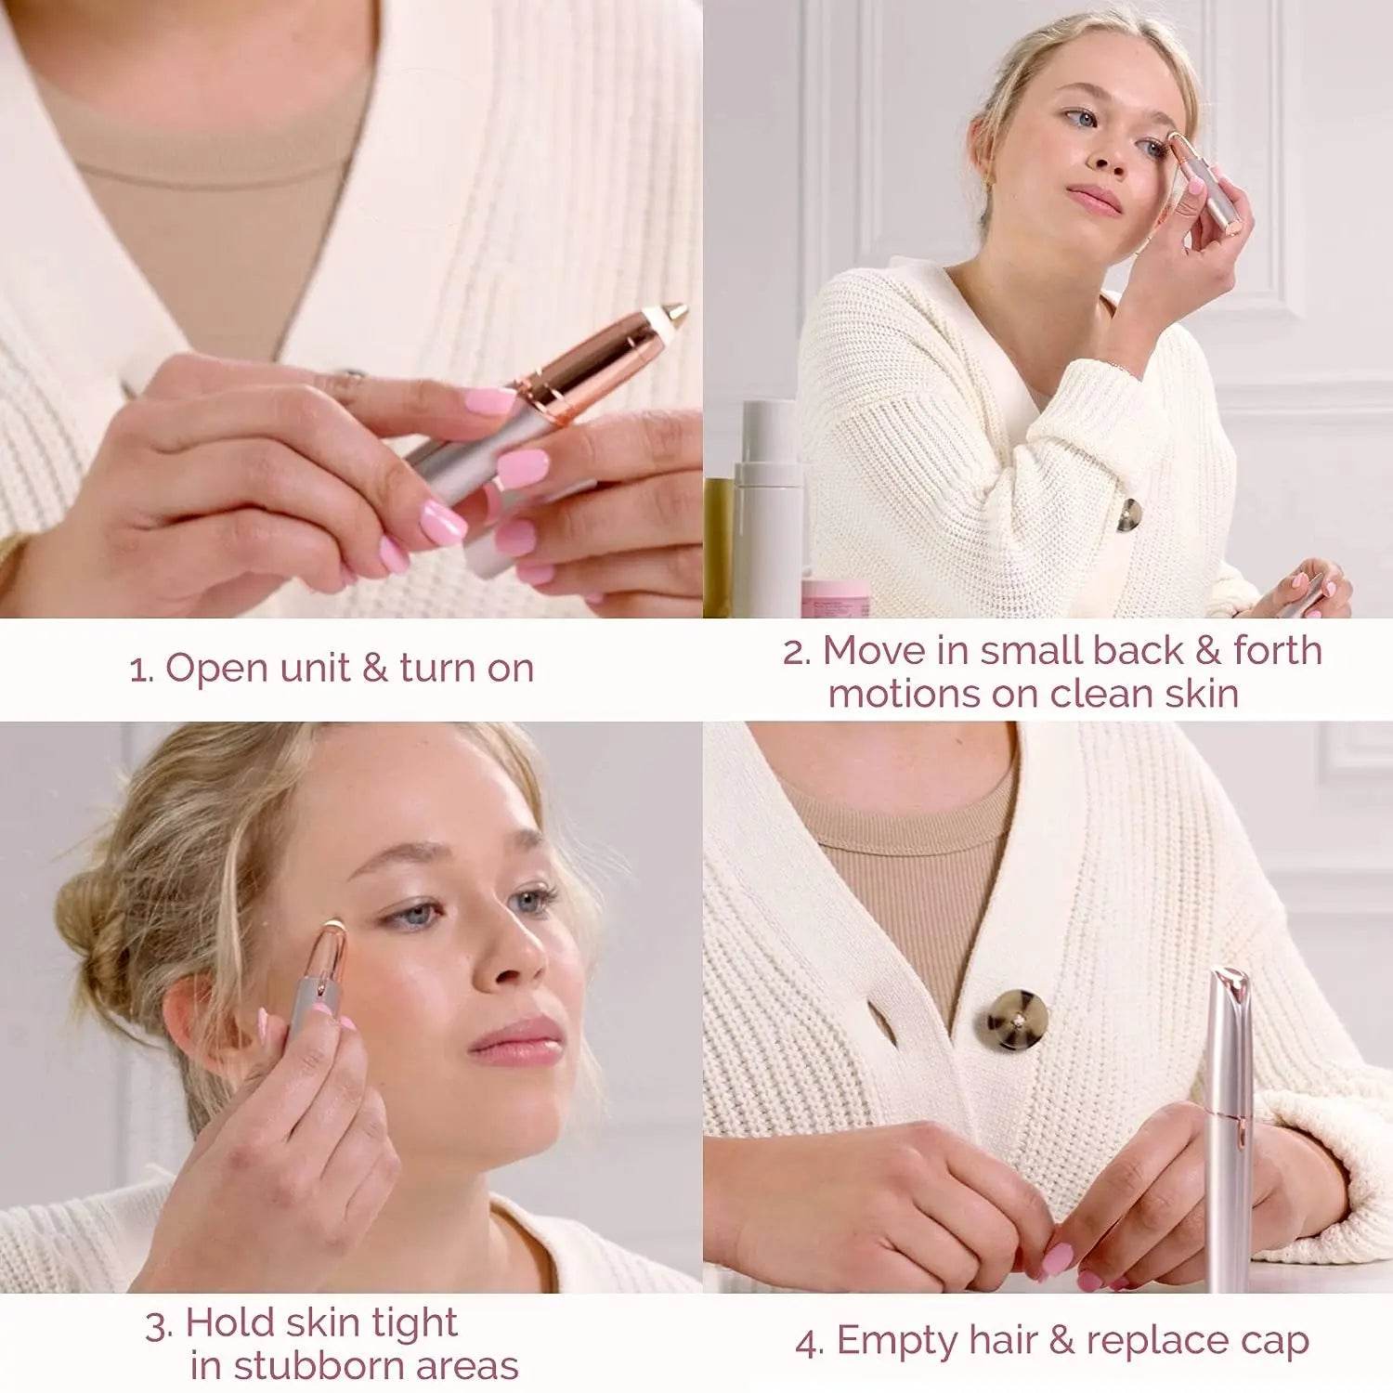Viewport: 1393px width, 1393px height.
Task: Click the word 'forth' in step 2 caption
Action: click(x=1277, y=650)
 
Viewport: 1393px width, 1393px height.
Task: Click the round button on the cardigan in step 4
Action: click(x=1017, y=1020)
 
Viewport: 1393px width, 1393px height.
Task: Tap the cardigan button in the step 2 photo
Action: click(x=1128, y=514)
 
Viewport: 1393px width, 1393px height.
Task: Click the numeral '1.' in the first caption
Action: click(x=141, y=670)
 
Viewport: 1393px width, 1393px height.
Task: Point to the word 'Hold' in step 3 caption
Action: click(x=228, y=1323)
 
